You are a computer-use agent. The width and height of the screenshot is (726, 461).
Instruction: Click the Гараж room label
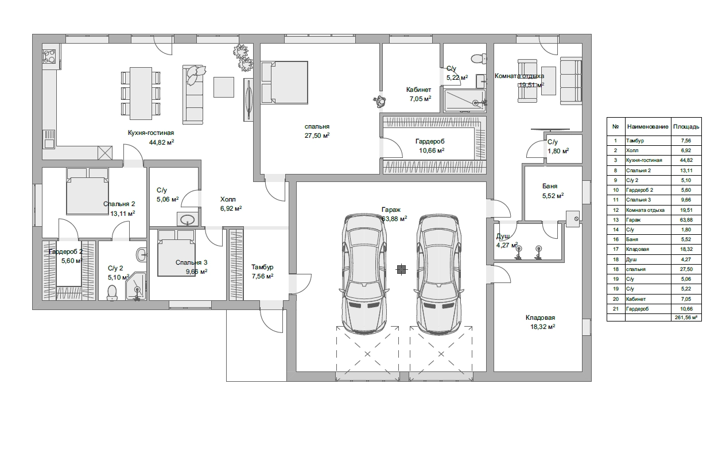point(391,210)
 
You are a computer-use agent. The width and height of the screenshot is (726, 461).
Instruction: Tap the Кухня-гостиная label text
point(151,133)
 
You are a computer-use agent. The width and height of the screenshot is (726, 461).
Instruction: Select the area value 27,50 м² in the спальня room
point(317,135)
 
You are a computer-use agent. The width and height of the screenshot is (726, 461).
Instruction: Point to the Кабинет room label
point(419,90)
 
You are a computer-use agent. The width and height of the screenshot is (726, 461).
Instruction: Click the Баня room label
point(550,186)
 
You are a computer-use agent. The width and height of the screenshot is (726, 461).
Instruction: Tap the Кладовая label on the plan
point(540,317)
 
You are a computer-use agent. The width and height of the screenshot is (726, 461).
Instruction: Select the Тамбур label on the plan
point(262,267)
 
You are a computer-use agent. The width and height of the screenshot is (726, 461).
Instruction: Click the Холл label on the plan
point(228,199)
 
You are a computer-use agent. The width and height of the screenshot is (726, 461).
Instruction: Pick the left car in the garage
point(364,274)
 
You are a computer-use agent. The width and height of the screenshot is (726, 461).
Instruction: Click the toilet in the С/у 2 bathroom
point(112,292)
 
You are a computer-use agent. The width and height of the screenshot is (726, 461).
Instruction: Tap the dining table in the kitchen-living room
point(141,94)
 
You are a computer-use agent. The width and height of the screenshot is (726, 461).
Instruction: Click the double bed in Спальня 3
point(177,253)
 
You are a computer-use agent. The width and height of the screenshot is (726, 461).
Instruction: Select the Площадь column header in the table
point(686,127)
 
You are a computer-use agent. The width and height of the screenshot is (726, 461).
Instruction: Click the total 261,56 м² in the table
point(686,317)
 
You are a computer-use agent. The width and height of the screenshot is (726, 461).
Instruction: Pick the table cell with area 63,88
point(686,220)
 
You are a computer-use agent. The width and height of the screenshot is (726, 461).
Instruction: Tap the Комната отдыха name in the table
point(645,210)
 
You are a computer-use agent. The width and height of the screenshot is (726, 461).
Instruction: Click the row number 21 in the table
point(615,309)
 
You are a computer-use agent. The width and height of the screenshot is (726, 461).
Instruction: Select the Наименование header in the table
point(647,127)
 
